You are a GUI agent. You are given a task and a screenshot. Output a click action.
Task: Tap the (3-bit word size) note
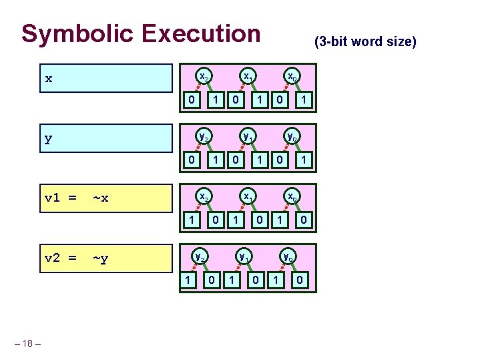click(x=365, y=42)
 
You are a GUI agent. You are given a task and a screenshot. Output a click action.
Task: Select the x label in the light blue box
click(x=48, y=79)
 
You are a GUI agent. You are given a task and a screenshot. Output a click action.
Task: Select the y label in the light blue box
click(x=48, y=140)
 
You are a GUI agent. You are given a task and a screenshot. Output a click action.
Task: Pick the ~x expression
click(x=101, y=198)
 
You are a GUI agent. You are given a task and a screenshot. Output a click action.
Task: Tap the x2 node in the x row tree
click(x=204, y=77)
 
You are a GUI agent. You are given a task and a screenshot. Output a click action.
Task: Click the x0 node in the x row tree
click(x=292, y=77)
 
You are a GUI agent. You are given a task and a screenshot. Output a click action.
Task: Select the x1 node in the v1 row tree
click(x=248, y=196)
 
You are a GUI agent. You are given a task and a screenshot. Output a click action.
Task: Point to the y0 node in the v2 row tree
click(x=288, y=256)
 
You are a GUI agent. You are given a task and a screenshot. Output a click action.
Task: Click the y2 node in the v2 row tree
click(x=199, y=256)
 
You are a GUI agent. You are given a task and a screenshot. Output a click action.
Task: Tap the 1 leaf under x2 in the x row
click(x=215, y=100)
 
